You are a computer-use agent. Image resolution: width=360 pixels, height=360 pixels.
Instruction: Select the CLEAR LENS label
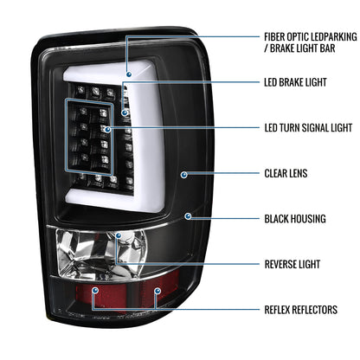point(285,173)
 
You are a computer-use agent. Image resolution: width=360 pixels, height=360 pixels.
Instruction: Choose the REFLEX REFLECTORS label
point(301,308)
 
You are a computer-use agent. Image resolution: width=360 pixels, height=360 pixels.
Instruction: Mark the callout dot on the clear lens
point(184,173)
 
